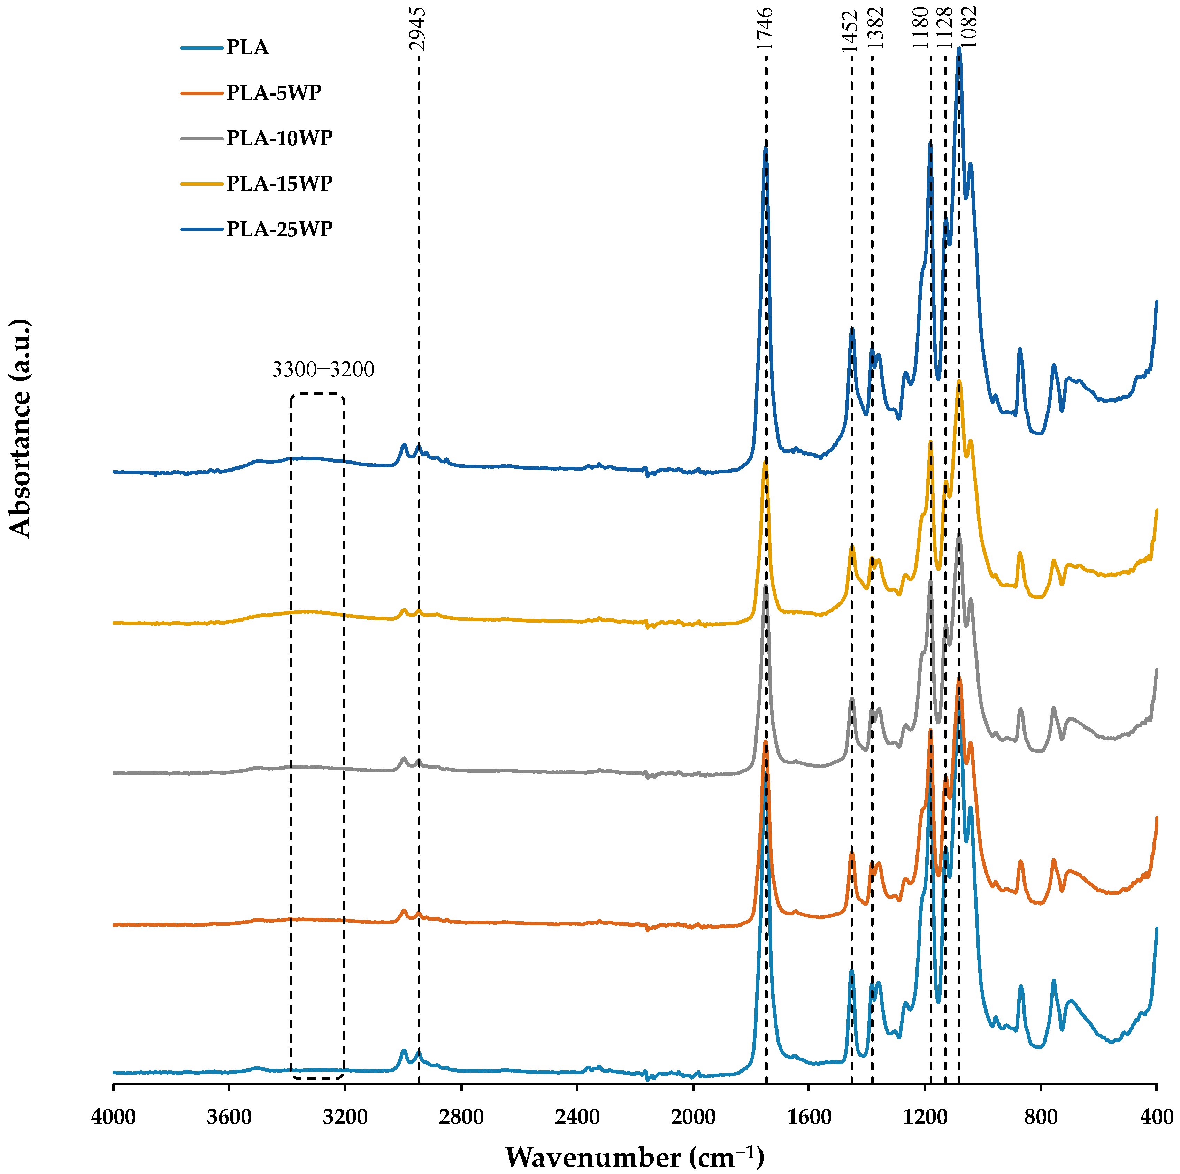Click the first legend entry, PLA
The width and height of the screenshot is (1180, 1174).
(247, 48)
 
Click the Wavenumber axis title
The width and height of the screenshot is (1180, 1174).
(635, 1156)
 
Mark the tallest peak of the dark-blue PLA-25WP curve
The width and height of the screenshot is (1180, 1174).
(959, 49)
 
